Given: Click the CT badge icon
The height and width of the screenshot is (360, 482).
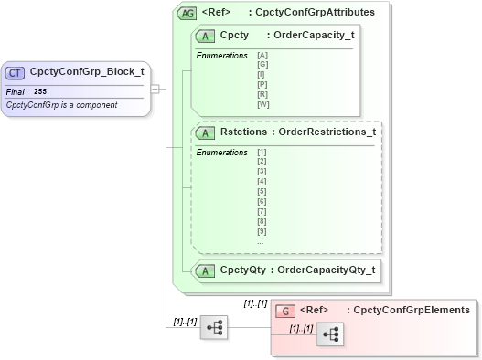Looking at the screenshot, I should pos(16,72).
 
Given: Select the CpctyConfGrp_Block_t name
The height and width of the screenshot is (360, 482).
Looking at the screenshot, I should pos(87,71).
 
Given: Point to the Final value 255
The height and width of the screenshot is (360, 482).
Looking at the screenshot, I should pos(40,92).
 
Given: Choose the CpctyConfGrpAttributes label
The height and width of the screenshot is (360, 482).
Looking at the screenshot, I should pos(316,13).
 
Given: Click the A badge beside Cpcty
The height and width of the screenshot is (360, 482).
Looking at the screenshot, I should pos(207,36).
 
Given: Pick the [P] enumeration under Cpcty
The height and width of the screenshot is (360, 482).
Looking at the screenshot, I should pos(263,85).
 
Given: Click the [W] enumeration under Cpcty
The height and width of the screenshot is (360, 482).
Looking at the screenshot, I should pos(263,103).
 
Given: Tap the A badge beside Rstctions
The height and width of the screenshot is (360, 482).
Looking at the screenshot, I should pos(207,132).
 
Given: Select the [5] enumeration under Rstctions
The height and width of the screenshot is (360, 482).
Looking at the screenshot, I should pos(262,191).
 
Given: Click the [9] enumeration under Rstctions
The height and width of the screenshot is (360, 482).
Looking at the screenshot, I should pos(262,231).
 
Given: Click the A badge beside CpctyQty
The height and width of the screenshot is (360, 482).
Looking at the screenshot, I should pos(207,270).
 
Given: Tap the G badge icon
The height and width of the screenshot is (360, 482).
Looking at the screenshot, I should pos(286,311).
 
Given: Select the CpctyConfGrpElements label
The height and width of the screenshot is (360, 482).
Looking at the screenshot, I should pos(411,311).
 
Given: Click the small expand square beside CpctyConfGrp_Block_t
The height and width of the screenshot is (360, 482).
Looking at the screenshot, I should pos(155,89).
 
